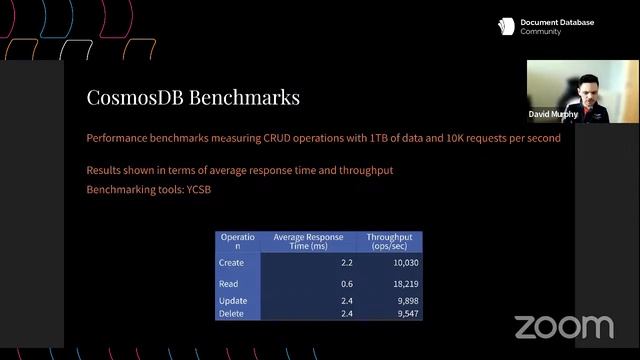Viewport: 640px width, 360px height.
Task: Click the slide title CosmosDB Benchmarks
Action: pos(194,98)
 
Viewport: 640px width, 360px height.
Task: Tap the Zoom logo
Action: pos(563,327)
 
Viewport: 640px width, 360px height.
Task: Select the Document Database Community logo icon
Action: pos(506,27)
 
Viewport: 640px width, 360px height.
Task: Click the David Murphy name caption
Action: pos(553,114)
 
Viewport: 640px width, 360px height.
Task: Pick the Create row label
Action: pos(231,262)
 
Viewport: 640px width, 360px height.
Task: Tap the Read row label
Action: pos(229,284)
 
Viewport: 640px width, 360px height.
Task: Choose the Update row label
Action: pos(233,301)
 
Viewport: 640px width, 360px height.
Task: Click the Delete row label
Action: pos(232,314)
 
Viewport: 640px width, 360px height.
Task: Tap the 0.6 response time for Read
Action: pos(347,284)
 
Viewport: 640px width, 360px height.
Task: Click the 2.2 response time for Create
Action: pos(347,262)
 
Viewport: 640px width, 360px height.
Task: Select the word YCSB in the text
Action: pos(199,189)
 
